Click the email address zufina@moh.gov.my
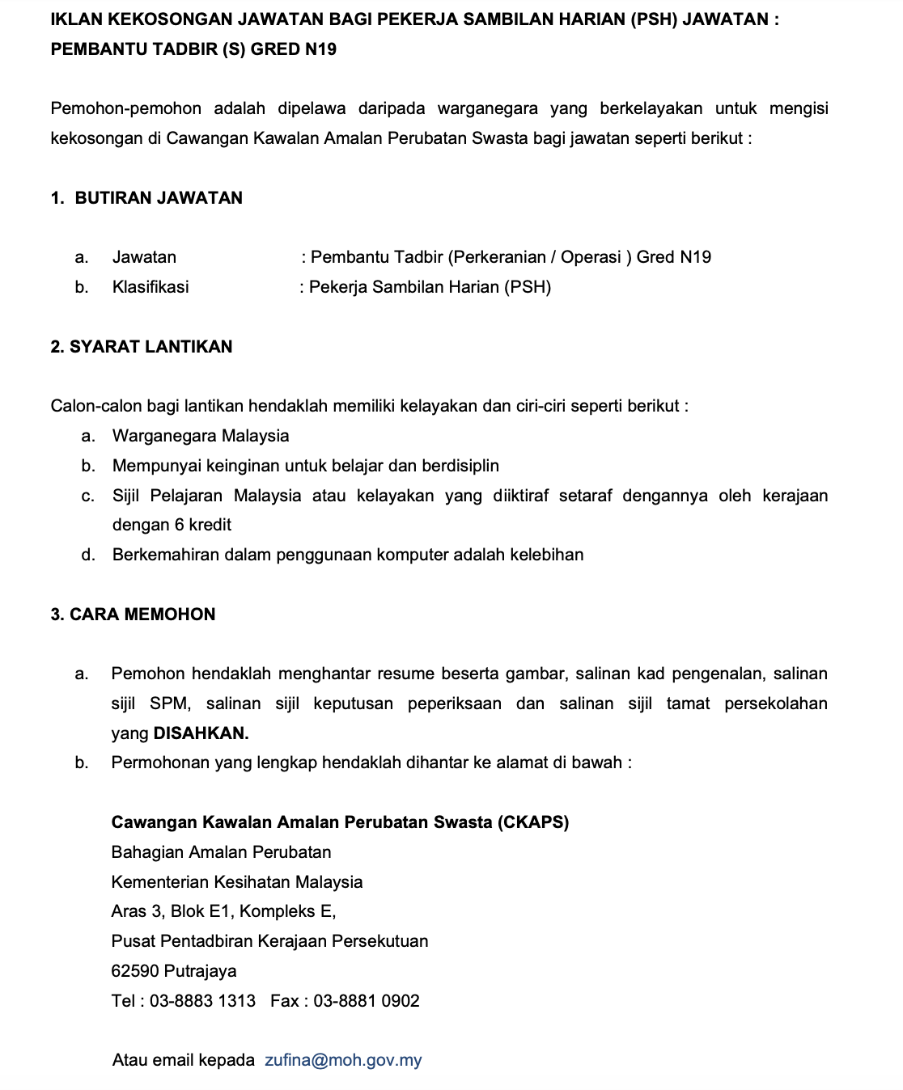click(x=343, y=1060)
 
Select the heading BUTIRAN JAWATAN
click(x=159, y=198)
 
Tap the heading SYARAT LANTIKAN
click(x=151, y=347)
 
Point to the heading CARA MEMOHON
click(x=142, y=615)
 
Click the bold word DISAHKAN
click(x=201, y=733)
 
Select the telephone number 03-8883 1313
click(x=202, y=1001)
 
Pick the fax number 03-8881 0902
click(x=367, y=1001)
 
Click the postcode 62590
click(x=134, y=971)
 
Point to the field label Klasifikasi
click(x=150, y=287)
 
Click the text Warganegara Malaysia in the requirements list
click(x=201, y=436)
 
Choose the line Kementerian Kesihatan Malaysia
click(x=237, y=882)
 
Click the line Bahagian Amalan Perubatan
click(x=221, y=852)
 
